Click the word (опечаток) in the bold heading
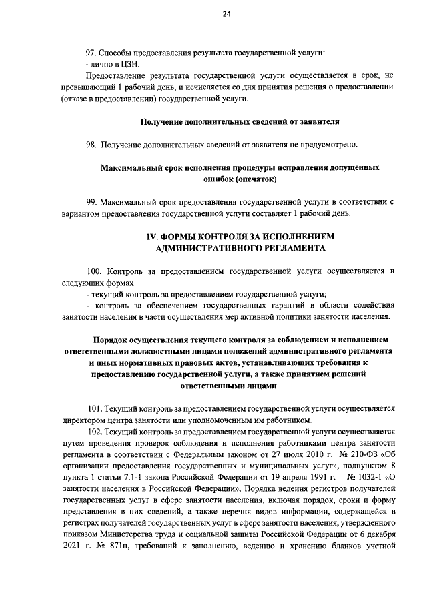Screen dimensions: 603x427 click(x=254, y=179)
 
